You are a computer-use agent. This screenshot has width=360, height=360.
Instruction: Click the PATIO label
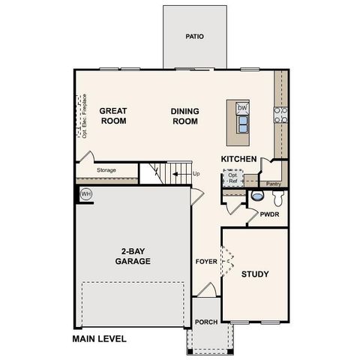pyautogui.click(x=194, y=36)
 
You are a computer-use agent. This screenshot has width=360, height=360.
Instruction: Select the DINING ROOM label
pyautogui.click(x=184, y=114)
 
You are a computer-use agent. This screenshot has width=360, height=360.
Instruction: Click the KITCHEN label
pyautogui.click(x=239, y=159)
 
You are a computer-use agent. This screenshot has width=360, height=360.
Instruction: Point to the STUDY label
pyautogui.click(x=255, y=274)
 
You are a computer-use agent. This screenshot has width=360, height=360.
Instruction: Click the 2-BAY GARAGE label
pyautogui.click(x=133, y=256)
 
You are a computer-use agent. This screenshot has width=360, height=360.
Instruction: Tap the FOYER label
pyautogui.click(x=205, y=262)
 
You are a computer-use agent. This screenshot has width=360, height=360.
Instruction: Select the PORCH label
pyautogui.click(x=205, y=323)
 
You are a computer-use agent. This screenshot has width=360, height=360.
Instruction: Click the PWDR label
pyautogui.click(x=269, y=214)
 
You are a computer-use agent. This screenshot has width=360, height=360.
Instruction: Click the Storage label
pyautogui.click(x=106, y=170)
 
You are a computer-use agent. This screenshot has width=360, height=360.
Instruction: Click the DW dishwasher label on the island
pyautogui.click(x=242, y=109)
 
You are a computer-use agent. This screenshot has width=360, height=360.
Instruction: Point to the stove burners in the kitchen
pyautogui.click(x=280, y=114)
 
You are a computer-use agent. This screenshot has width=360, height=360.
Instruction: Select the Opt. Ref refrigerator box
pyautogui.click(x=232, y=179)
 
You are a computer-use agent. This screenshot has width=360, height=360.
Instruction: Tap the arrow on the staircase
pyautogui.click(x=178, y=174)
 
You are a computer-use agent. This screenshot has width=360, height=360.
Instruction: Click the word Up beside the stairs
pyautogui.click(x=196, y=174)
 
